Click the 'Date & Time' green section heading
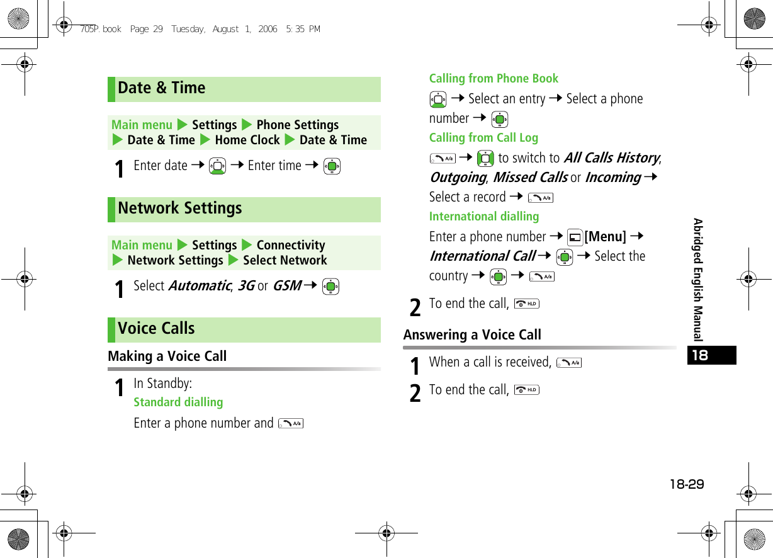(x=162, y=88)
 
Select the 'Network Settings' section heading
(x=180, y=208)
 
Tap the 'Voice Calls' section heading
(x=156, y=329)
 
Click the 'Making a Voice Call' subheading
(x=167, y=356)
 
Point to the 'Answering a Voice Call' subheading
(x=472, y=335)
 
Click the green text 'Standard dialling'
(x=178, y=402)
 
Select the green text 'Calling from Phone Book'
(x=494, y=79)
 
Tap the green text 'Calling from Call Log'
(x=483, y=138)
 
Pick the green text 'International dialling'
(x=484, y=217)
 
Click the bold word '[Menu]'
(x=605, y=237)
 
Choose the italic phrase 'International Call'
(x=482, y=256)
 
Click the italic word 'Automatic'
(x=199, y=286)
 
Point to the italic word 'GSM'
(x=287, y=286)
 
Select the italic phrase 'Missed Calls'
(x=530, y=178)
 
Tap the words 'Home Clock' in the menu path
(x=247, y=140)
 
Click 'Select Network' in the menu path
(x=285, y=261)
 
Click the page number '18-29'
(x=686, y=484)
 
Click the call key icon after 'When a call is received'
(x=569, y=363)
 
